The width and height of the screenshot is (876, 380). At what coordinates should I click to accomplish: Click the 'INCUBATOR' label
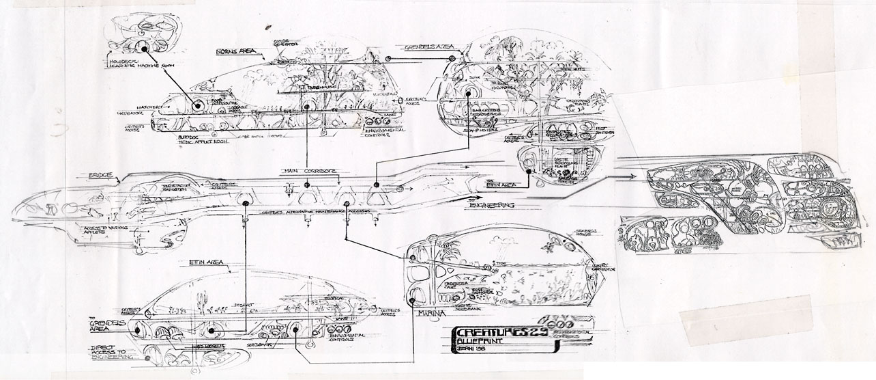coord(131,113)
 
